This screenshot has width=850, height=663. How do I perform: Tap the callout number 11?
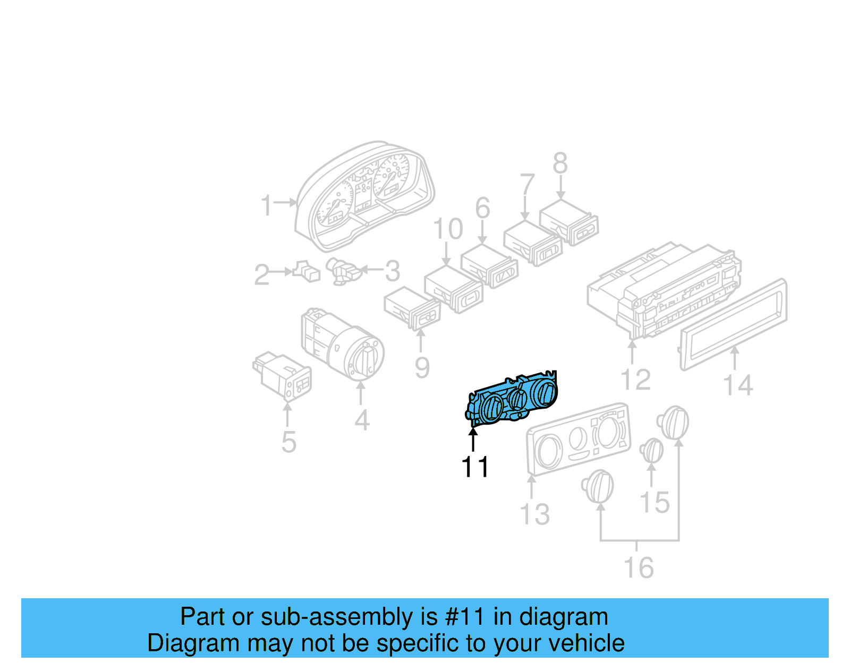[474, 467]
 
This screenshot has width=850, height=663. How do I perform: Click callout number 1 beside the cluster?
[267, 205]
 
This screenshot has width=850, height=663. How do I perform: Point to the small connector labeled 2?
[307, 271]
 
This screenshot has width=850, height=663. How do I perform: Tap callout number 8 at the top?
[560, 163]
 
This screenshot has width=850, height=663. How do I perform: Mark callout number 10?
[448, 229]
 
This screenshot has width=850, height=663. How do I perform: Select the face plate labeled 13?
[578, 438]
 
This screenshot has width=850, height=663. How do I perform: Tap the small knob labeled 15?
[652, 451]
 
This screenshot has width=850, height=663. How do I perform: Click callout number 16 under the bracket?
[638, 568]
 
